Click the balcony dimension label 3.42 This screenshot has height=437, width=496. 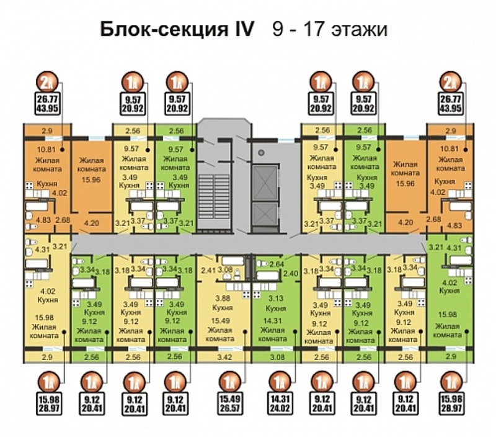point(225,358)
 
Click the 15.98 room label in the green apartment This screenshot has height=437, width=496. point(448,314)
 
